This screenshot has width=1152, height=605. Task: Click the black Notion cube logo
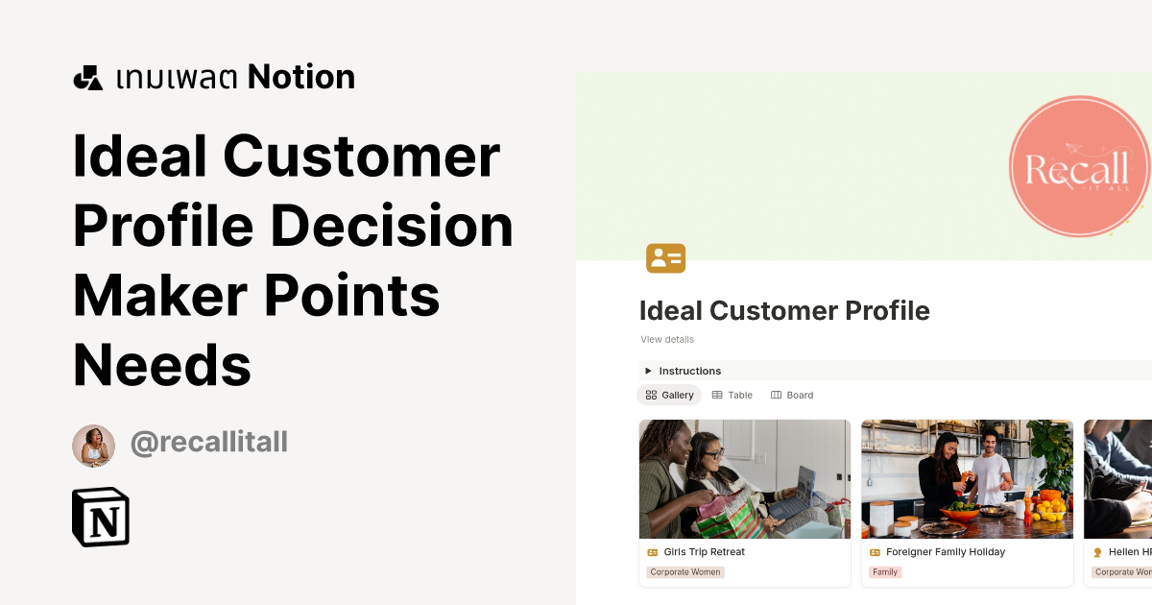click(101, 518)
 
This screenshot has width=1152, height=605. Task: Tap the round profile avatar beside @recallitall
click(93, 446)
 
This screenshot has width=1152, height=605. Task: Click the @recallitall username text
click(208, 443)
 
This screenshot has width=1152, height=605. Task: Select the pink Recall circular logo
click(1079, 167)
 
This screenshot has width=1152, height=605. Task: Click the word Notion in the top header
click(300, 78)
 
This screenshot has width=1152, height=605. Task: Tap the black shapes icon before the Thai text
click(87, 78)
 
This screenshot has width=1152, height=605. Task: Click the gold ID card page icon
click(665, 257)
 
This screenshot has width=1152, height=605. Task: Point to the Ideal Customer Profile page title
click(784, 311)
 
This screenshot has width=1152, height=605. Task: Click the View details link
click(667, 340)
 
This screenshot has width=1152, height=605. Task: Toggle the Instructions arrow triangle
click(648, 371)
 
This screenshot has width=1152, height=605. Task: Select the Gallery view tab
click(669, 395)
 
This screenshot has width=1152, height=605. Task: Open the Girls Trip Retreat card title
click(704, 552)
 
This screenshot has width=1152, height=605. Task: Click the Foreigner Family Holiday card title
click(945, 552)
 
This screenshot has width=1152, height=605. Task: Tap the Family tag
click(884, 572)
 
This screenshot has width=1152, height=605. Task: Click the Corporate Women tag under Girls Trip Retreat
click(684, 572)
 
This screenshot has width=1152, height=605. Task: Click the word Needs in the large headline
click(161, 365)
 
